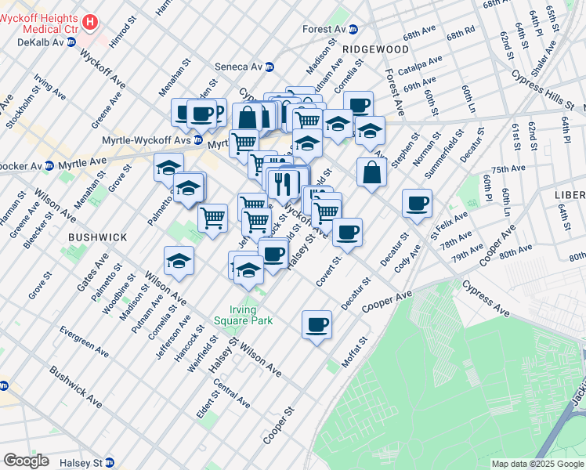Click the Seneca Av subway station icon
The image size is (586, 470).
coord(269,67)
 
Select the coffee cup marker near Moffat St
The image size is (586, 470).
coord(317,324)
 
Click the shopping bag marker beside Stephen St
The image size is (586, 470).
coord(371,172)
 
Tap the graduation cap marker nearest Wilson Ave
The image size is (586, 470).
coord(179,262)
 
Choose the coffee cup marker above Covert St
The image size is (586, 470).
coord(347,232)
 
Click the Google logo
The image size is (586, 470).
coord(26,461)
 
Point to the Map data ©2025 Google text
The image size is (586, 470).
coord(537,464)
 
